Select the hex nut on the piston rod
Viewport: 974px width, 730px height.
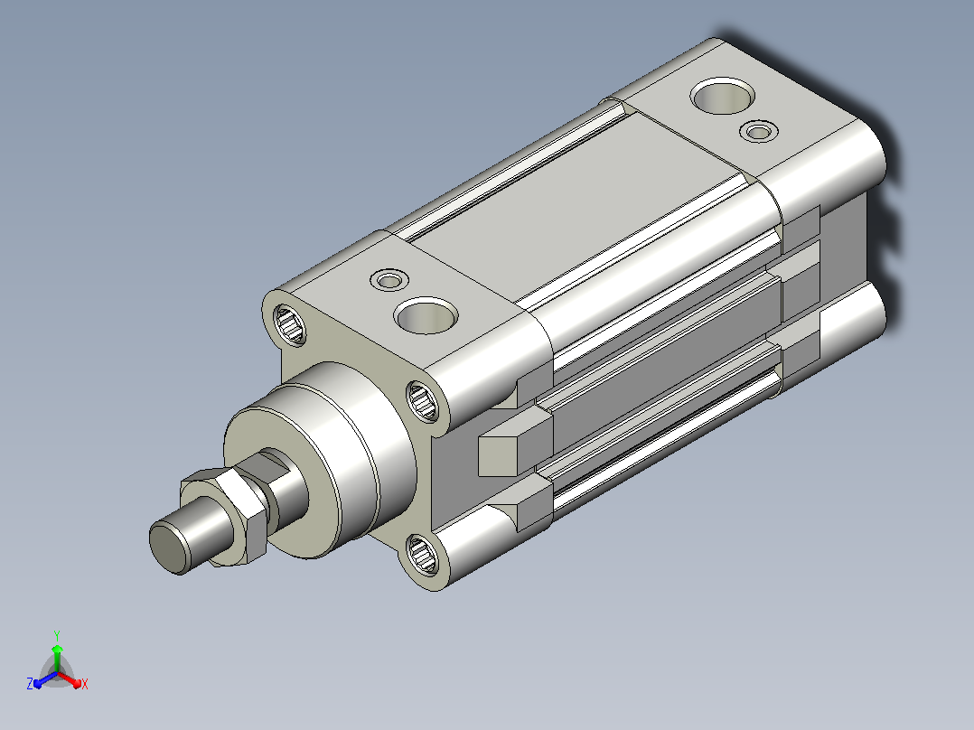click(224, 516)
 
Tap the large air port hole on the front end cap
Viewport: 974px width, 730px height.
click(426, 315)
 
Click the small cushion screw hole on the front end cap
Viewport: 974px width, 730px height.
click(389, 280)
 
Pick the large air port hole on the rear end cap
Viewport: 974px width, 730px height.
click(723, 96)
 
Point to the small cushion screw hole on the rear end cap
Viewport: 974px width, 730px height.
click(758, 132)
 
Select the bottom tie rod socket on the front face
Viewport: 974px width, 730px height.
click(422, 554)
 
